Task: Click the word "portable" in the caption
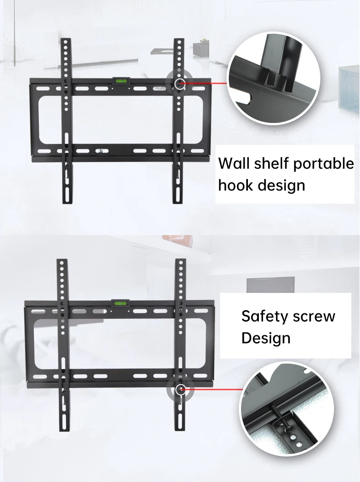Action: click(323, 164)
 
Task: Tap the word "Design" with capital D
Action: click(266, 338)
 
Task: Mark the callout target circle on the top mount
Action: click(179, 83)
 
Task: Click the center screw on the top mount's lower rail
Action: click(100, 151)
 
